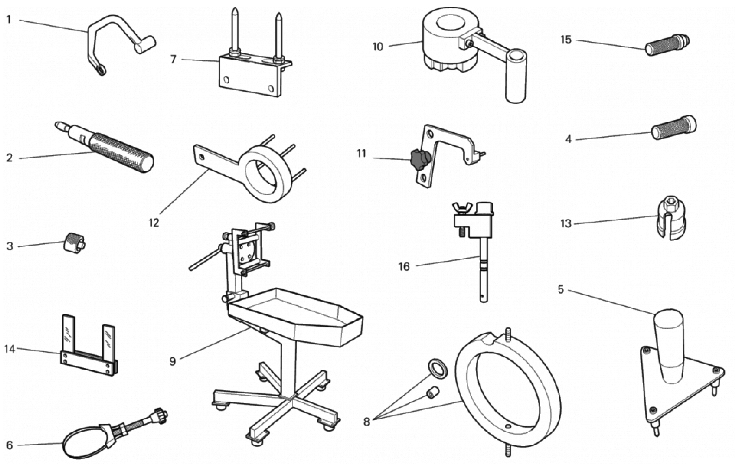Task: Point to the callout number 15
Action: pyautogui.click(x=566, y=40)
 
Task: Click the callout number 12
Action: pyautogui.click(x=154, y=223)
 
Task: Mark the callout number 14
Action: pyautogui.click(x=10, y=349)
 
